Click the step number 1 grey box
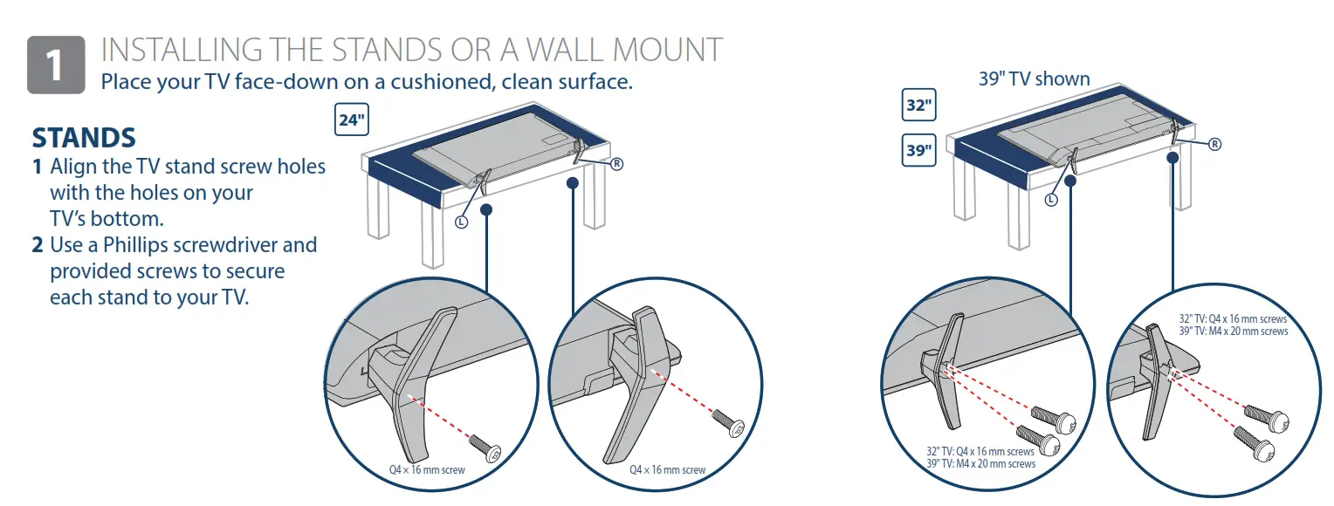[x=56, y=65]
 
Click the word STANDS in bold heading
[x=84, y=138]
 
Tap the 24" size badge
[x=351, y=120]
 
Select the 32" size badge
[x=918, y=106]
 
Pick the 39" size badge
[x=918, y=150]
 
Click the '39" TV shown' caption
[x=1034, y=79]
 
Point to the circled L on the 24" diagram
[x=461, y=222]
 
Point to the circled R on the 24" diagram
[x=616, y=163]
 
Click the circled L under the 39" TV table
[x=1051, y=199]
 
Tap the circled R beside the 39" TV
[x=1214, y=144]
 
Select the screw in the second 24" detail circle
[x=726, y=422]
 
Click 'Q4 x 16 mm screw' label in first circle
[x=427, y=470]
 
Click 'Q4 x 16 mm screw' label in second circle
[x=667, y=470]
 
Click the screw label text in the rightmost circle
[x=1233, y=325]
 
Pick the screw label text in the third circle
[x=980, y=458]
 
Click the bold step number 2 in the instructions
[x=38, y=245]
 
